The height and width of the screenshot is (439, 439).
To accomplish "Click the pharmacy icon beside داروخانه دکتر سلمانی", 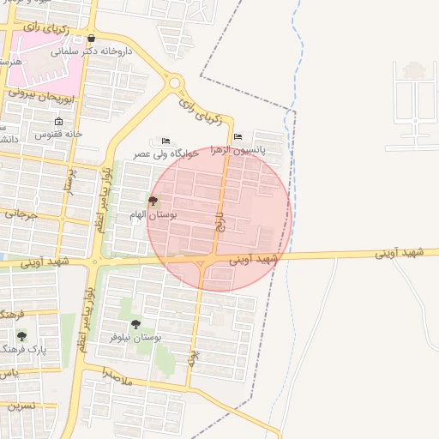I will coord(92,38).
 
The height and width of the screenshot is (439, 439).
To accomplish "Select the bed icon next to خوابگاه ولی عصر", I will coord(165,141).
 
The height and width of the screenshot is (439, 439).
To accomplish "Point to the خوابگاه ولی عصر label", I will coord(166,153).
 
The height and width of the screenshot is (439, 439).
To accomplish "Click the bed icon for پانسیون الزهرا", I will coord(238,136).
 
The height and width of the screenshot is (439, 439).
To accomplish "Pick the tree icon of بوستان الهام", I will coord(153,201).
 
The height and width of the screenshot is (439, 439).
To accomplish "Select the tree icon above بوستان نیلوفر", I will coord(135,324).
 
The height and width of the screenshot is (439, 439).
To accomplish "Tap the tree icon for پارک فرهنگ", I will coord(21,336).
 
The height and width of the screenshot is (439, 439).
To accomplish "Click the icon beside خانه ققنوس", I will coord(58,122).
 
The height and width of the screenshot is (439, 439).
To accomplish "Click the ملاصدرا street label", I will coord(117,376).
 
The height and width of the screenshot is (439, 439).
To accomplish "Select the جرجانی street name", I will coord(21,213).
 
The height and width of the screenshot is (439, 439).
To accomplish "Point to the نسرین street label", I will coord(21,405).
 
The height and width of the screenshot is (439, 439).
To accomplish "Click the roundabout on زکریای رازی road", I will coord(176,84).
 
